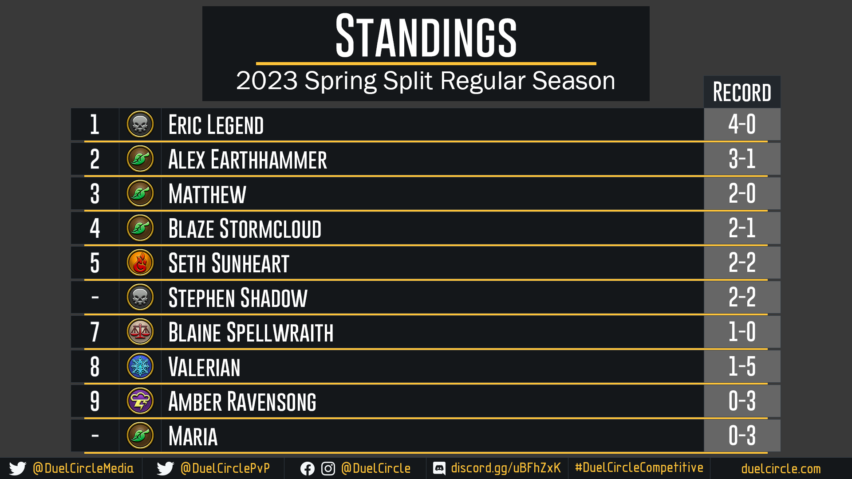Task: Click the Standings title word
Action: click(x=426, y=36)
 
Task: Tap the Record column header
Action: click(x=742, y=92)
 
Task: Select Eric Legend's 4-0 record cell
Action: click(x=742, y=124)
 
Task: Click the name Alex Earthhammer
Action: click(x=248, y=159)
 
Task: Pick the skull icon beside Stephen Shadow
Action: click(x=140, y=297)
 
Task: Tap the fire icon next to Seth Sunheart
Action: click(x=140, y=263)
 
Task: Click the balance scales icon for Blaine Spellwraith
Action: click(x=140, y=332)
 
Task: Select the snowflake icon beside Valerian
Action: click(x=140, y=366)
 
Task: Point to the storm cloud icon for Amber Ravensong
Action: click(x=140, y=401)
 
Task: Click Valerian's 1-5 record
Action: click(x=742, y=366)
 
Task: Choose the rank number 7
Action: click(x=95, y=332)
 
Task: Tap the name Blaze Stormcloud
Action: click(x=245, y=228)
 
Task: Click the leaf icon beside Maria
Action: click(x=140, y=436)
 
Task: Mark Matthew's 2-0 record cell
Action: click(x=742, y=193)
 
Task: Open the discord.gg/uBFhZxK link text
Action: click(x=506, y=468)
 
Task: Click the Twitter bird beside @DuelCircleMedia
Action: click(x=18, y=469)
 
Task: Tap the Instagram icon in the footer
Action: click(x=328, y=469)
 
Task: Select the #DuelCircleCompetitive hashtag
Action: click(x=639, y=468)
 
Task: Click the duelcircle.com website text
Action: click(x=781, y=469)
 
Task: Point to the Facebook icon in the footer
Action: click(x=308, y=469)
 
